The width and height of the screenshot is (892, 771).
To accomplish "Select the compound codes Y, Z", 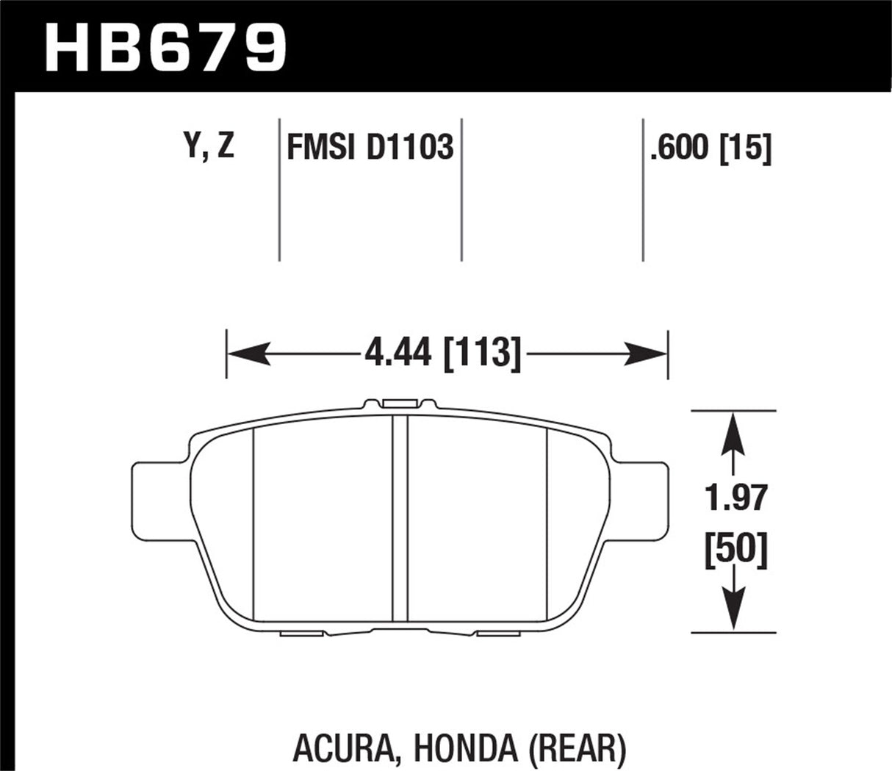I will tap(209, 147).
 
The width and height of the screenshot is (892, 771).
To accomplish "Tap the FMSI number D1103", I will tap(409, 148).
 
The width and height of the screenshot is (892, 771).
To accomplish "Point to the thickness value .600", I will tap(680, 149).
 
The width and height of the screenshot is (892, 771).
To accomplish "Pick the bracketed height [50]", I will tap(734, 548).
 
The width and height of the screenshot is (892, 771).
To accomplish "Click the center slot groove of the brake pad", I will tap(400, 518).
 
